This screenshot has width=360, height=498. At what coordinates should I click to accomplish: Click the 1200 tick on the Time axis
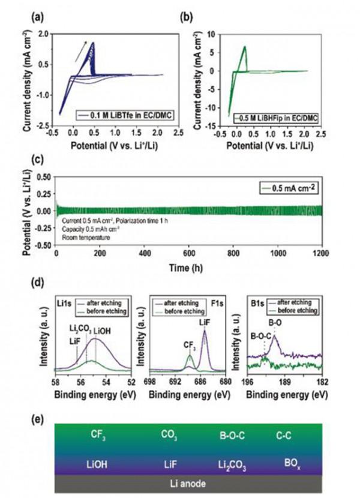point(322,254)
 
